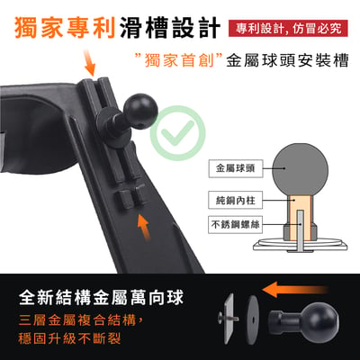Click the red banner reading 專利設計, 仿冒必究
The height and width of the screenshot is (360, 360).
[288, 29]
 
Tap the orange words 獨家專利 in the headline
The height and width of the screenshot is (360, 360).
[65, 28]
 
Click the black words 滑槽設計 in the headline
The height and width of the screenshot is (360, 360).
[170, 28]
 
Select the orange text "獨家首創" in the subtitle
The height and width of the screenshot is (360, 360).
[179, 60]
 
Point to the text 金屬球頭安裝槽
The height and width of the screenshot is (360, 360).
[287, 60]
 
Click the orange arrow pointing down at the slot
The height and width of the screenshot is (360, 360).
[90, 63]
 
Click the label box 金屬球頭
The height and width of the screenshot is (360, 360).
[236, 168]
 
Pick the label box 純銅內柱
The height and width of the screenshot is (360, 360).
[236, 200]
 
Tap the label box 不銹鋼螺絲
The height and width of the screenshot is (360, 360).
[236, 224]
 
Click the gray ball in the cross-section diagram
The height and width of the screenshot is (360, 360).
[300, 169]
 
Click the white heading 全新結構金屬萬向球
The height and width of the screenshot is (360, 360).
[101, 297]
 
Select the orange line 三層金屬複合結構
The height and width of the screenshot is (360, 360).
[80, 320]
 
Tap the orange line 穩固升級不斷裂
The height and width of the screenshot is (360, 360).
[69, 338]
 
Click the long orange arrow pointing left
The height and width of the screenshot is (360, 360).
[294, 290]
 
